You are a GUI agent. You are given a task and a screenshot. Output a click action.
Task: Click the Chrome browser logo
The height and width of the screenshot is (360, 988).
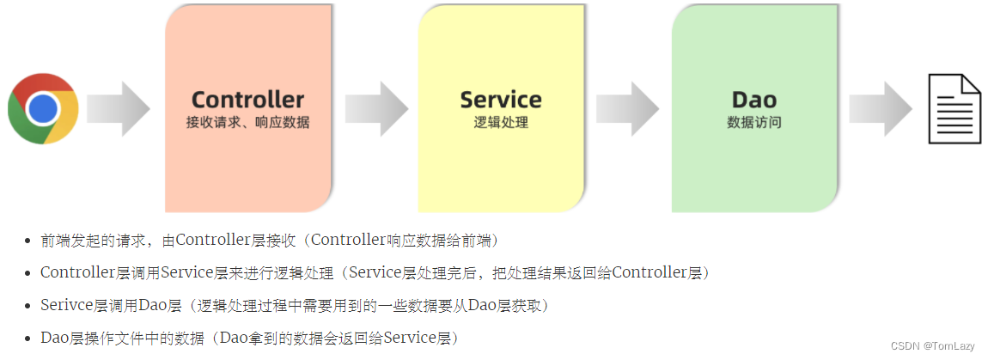click(43, 108)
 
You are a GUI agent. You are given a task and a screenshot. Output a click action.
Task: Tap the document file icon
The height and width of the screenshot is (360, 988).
click(954, 108)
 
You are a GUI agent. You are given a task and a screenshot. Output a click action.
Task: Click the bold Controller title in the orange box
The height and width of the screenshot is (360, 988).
click(247, 100)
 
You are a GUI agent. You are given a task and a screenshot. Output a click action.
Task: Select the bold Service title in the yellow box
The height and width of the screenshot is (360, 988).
click(501, 100)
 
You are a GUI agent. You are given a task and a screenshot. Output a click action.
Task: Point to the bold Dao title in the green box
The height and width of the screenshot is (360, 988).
click(754, 100)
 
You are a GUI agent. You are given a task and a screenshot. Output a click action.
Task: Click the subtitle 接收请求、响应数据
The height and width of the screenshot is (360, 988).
click(247, 123)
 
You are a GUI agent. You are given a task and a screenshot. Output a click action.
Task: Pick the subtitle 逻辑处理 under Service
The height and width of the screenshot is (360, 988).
click(501, 123)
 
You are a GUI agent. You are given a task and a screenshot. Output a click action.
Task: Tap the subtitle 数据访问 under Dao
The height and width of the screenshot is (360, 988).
click(754, 123)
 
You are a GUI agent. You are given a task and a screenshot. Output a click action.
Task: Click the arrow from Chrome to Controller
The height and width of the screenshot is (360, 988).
click(119, 108)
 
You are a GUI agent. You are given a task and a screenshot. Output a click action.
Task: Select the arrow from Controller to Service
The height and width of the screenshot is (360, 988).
click(376, 108)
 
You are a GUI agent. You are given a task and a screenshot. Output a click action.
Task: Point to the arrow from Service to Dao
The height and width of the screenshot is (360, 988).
click(628, 108)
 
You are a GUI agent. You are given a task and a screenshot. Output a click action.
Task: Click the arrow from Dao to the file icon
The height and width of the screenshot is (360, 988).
click(880, 108)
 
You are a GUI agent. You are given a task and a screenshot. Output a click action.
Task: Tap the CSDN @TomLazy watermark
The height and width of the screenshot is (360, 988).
click(932, 345)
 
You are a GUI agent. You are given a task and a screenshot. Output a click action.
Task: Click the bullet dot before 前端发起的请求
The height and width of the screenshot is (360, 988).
click(28, 241)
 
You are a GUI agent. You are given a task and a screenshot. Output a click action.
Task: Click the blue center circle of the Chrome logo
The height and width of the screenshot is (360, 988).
click(43, 108)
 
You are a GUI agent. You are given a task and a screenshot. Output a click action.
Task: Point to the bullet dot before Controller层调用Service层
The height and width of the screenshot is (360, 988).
click(28, 274)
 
